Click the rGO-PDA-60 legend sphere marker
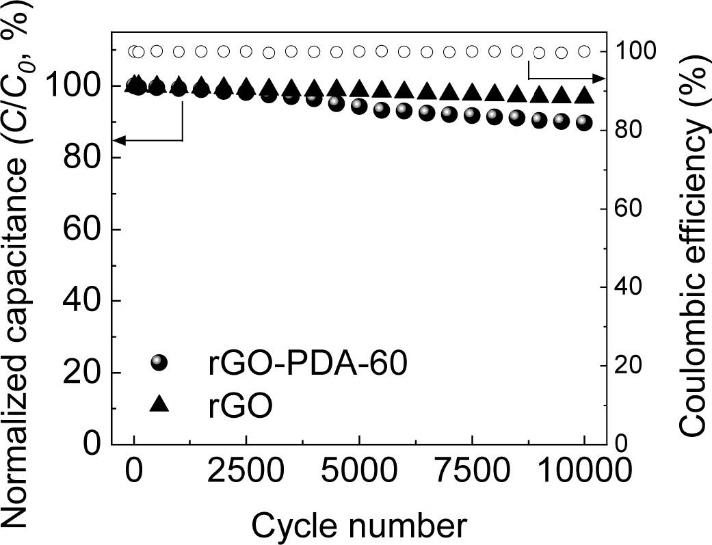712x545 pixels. coord(159,363)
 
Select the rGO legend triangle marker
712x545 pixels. coord(159,405)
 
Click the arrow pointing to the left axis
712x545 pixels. coord(120,140)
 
